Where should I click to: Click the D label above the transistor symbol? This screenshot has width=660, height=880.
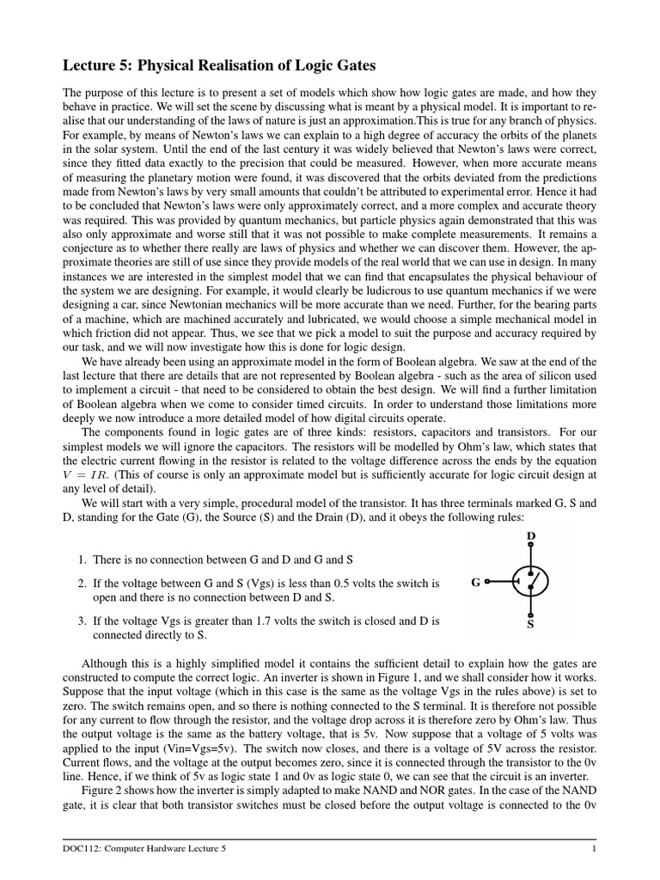click(530, 537)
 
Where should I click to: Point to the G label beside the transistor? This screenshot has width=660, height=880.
click(475, 582)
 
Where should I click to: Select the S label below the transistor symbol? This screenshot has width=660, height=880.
click(530, 625)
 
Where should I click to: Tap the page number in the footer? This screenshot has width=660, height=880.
click(593, 849)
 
